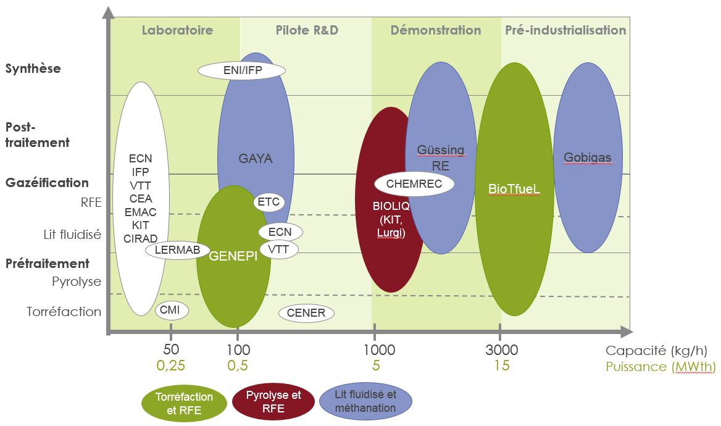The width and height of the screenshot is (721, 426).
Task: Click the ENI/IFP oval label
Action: pyautogui.click(x=243, y=70)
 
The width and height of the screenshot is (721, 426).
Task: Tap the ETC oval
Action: pyautogui.click(x=269, y=201)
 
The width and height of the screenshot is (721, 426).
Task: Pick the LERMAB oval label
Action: pyautogui.click(x=178, y=250)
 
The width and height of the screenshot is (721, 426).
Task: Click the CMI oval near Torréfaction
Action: pyautogui.click(x=170, y=310)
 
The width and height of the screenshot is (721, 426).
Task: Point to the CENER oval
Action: pyautogui.click(x=307, y=313)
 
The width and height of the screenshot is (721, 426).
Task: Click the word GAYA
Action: pyautogui.click(x=256, y=159)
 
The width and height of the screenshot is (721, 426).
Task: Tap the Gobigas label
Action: pyautogui.click(x=587, y=157)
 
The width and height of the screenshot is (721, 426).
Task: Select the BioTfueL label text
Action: pyautogui.click(x=514, y=188)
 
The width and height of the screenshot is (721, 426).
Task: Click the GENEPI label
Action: pyautogui.click(x=233, y=256)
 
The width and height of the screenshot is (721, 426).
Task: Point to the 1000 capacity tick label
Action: pyautogui.click(x=379, y=350)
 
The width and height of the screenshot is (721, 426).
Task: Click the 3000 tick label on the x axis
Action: pyautogui.click(x=501, y=350)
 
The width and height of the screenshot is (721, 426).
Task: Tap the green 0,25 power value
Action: pyautogui.click(x=170, y=365)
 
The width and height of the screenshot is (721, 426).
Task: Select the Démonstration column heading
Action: pyautogui.click(x=436, y=30)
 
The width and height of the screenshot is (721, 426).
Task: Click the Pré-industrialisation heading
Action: pyautogui.click(x=565, y=30)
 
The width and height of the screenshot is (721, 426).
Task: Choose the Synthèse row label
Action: pyautogui.click(x=33, y=69)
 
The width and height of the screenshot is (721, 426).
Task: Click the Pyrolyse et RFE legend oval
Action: pyautogui.click(x=273, y=401)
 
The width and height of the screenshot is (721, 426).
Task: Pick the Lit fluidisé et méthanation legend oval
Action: pyautogui.click(x=366, y=401)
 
